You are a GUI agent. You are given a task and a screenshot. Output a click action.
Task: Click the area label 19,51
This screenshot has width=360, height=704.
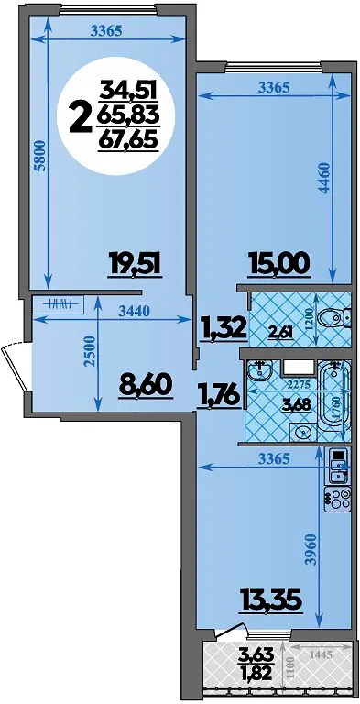135,263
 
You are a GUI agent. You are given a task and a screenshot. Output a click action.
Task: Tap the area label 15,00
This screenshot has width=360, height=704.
280,263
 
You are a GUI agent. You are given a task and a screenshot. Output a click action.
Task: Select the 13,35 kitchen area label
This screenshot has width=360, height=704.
270,599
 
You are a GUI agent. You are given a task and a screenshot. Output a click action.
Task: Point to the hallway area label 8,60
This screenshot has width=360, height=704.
146,384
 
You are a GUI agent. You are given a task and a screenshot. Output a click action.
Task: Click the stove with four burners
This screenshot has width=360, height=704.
337,499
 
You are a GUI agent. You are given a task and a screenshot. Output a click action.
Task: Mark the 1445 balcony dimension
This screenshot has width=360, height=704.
321,654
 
